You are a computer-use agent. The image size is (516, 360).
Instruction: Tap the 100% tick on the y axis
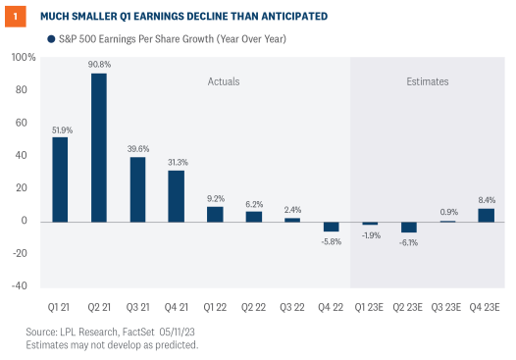click(x=25, y=58)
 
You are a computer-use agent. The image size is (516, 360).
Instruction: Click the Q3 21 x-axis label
click(x=137, y=304)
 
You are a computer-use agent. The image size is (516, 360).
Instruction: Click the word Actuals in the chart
click(x=223, y=81)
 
